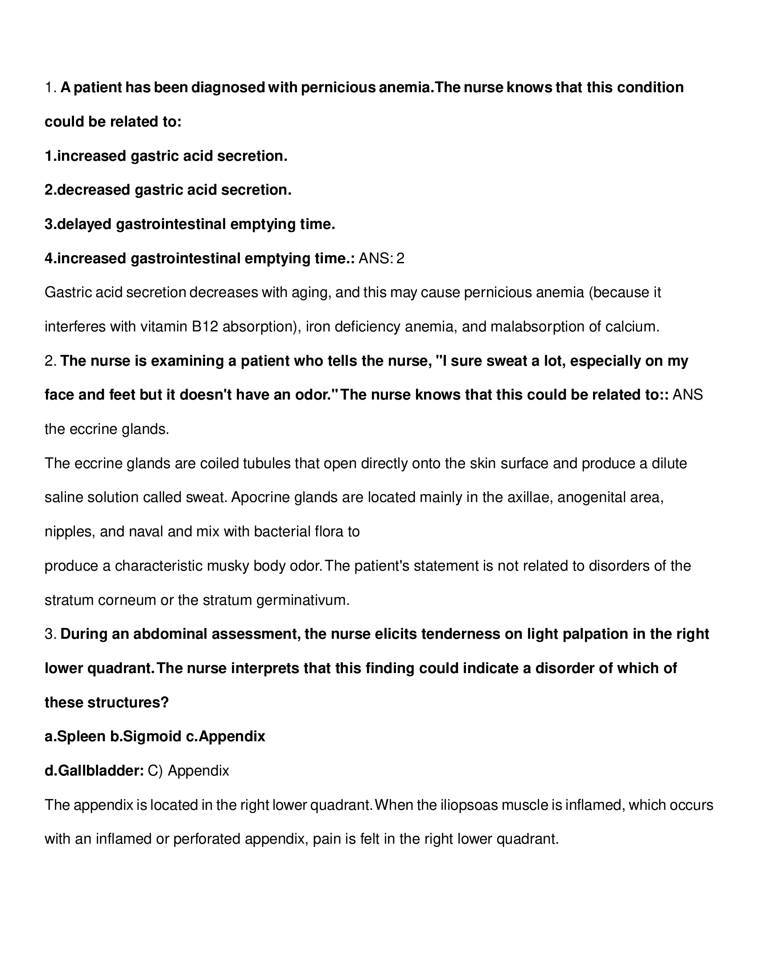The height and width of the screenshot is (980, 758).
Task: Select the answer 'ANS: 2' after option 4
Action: tap(381, 258)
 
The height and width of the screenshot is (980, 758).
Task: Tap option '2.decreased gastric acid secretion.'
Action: tap(168, 190)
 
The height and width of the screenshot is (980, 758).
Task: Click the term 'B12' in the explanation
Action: tap(205, 327)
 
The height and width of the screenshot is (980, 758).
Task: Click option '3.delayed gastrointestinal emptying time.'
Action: tap(189, 224)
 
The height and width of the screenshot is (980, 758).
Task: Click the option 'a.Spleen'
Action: tap(75, 736)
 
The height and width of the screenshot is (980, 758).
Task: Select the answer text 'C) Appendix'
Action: tap(189, 771)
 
